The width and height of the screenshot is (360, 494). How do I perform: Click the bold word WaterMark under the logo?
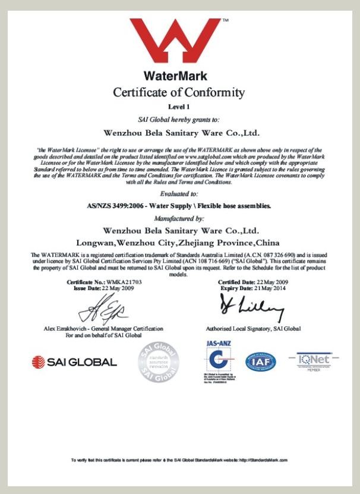[x=175, y=76]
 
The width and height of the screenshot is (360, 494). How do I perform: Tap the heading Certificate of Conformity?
[x=178, y=92]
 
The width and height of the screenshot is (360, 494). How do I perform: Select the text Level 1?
[x=178, y=106]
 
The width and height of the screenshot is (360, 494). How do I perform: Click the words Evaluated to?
[x=178, y=194]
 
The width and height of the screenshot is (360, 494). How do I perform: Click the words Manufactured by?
[x=178, y=218]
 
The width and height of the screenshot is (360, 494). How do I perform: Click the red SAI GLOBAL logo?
[x=74, y=361]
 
